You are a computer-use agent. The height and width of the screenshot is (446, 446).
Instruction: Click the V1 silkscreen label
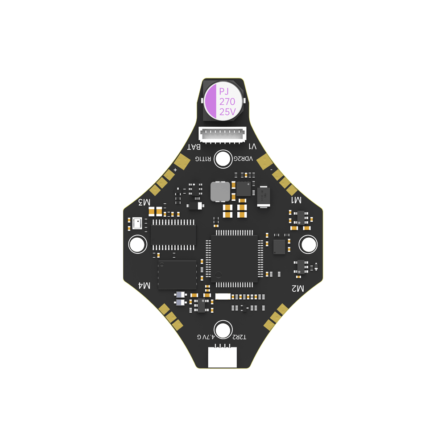pyautogui.click(x=252, y=147)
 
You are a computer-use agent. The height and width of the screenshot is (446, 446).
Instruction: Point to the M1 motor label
pyautogui.click(x=296, y=200)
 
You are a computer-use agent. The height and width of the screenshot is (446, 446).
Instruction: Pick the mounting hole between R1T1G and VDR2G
pyautogui.click(x=223, y=159)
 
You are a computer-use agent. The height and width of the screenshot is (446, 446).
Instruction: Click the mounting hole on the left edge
pyautogui.click(x=137, y=244)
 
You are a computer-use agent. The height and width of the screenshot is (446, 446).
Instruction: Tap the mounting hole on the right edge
pyautogui.click(x=308, y=244)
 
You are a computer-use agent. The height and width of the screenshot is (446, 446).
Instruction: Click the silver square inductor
pyautogui.click(x=220, y=192)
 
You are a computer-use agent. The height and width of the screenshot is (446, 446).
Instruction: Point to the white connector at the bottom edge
pyautogui.click(x=222, y=357)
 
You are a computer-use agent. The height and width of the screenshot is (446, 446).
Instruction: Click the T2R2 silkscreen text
pyautogui.click(x=239, y=338)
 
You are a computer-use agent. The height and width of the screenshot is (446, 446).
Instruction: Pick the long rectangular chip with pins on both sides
pyautogui.click(x=173, y=235)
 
